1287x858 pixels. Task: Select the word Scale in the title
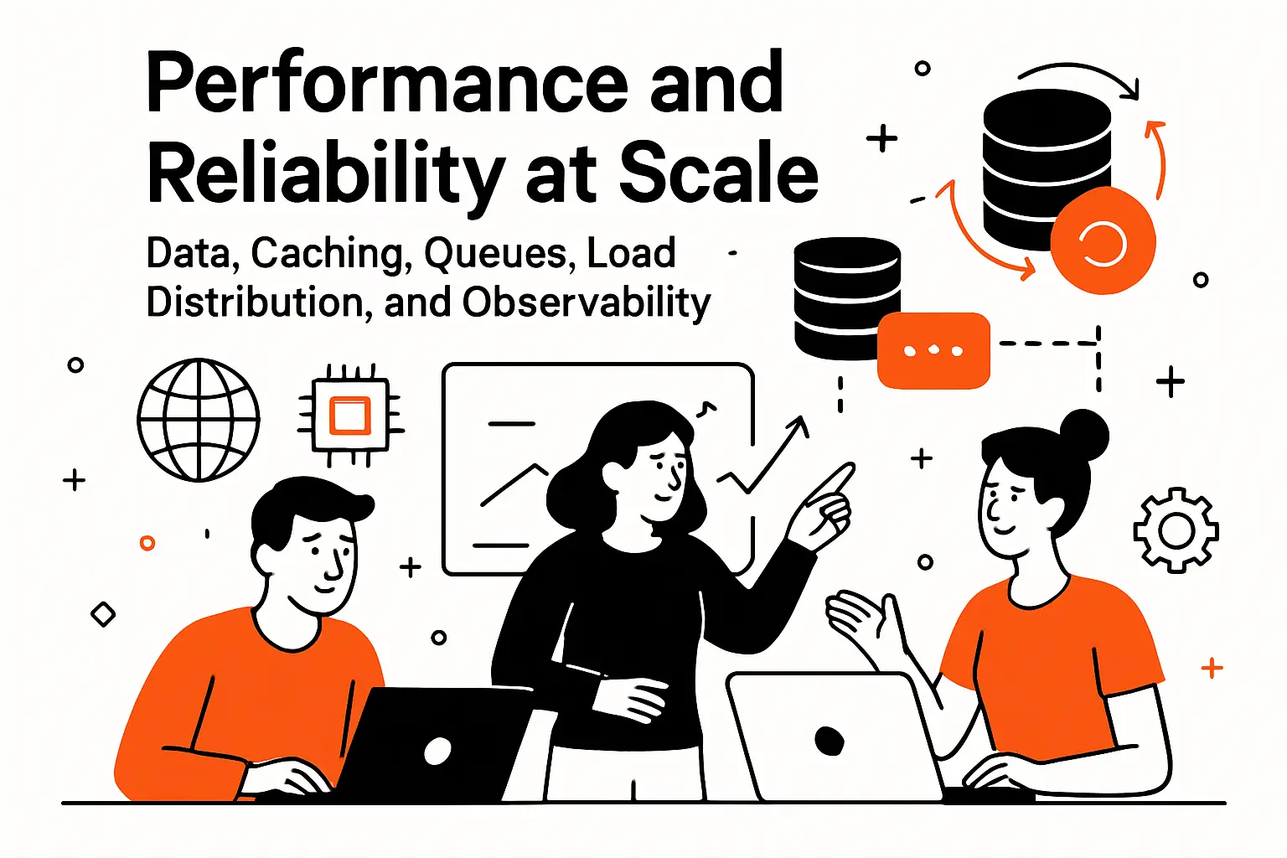click(718, 173)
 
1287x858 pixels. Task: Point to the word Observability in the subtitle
click(586, 302)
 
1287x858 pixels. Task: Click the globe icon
click(199, 420)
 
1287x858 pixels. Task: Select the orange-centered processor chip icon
click(350, 415)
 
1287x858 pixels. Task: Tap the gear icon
click(1176, 530)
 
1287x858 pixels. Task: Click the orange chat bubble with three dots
click(933, 350)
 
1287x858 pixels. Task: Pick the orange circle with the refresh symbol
click(1102, 243)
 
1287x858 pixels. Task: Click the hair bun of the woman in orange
click(1084, 434)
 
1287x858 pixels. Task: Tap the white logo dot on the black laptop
click(437, 751)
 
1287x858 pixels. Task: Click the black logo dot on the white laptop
click(829, 740)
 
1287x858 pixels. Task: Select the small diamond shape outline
click(103, 614)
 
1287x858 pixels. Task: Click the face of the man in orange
click(323, 557)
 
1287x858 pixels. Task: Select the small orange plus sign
click(1212, 668)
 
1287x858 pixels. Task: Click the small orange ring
click(147, 543)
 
